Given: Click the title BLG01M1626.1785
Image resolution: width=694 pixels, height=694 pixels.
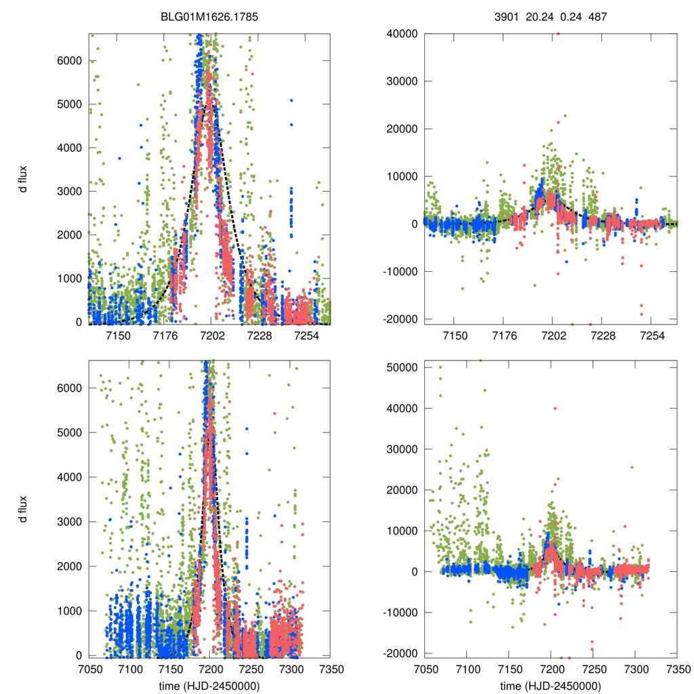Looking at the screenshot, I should [209, 20].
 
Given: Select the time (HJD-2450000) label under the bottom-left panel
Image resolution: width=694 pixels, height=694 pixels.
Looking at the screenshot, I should [209, 686].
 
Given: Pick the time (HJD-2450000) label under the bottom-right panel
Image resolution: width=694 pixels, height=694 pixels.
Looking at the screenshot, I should [550, 686].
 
